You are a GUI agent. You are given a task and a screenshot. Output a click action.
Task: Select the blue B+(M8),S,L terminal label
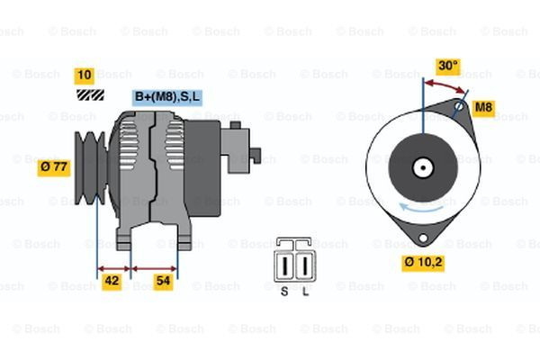pos(166,96)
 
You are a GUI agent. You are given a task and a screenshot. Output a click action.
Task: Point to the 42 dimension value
pos(112,280)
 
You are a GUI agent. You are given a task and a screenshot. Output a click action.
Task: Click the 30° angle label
pos(447,66)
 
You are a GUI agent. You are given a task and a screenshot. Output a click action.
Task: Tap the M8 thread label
pos(483,108)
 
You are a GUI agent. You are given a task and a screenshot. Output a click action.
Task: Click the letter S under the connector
pos(284,292)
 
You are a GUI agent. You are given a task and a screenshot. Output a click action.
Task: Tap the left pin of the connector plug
pos(287,266)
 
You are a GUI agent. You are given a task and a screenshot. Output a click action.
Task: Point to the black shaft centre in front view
pos(421,167)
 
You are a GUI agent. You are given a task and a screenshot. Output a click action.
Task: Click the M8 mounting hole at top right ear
pos(458,107)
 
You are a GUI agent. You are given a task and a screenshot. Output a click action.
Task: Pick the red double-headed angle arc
pos(445,84)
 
